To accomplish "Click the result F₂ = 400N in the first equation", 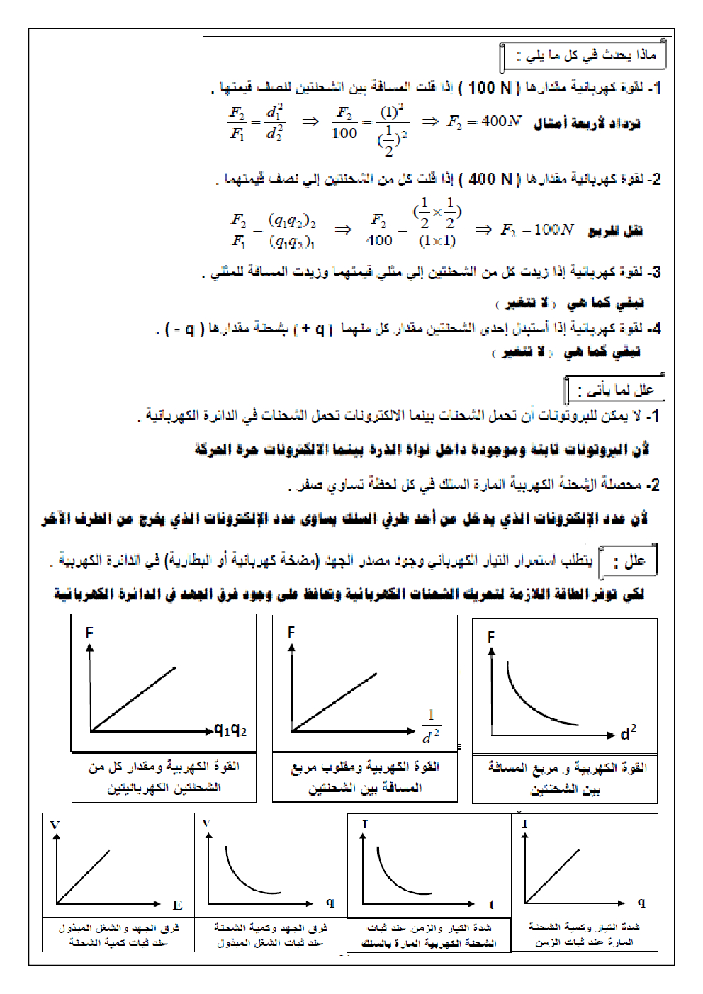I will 484,121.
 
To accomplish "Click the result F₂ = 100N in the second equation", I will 537,230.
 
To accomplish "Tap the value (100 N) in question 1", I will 489,88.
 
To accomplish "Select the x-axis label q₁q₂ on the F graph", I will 230,729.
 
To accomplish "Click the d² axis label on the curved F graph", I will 628,733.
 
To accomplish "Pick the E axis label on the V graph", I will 177,905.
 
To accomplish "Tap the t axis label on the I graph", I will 491,905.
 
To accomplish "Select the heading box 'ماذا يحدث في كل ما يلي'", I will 585,55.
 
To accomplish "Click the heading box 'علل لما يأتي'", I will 615,390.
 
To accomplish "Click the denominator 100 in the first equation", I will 344,133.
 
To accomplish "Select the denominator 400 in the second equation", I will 379,241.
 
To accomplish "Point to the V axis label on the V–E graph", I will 55,825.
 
